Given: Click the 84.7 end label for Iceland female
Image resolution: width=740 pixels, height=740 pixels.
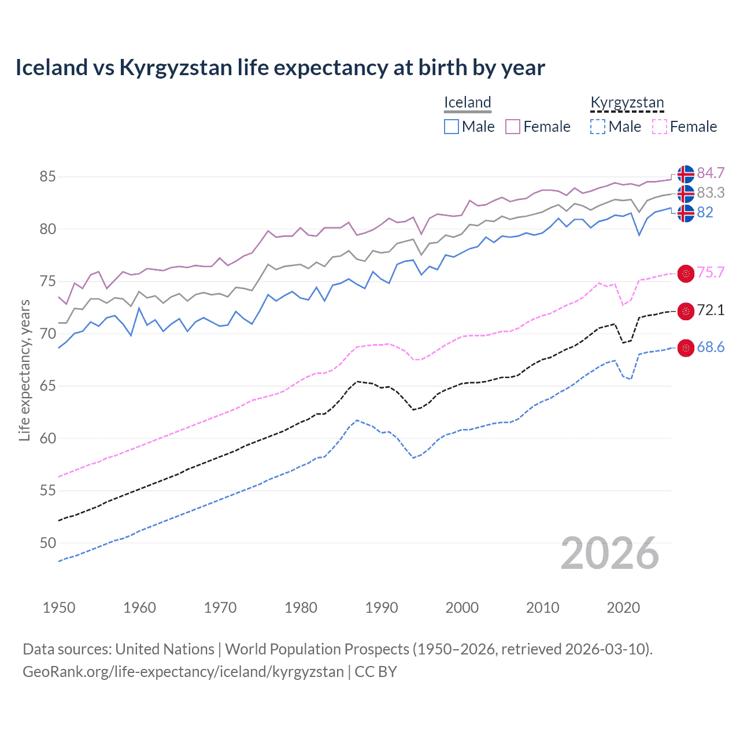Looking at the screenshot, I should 711,173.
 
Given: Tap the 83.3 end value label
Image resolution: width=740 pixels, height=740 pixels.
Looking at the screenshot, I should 711,193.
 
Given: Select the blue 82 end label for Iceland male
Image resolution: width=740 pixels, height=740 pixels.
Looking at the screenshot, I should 705,212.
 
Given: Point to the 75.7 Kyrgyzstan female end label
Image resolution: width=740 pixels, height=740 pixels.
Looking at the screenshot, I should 711,272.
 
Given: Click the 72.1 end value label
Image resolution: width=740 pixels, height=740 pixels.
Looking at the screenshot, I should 711,310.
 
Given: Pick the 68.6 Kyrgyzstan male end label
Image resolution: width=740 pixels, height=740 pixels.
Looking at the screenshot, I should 711,347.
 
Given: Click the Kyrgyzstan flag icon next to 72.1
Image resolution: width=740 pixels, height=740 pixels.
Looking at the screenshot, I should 686,311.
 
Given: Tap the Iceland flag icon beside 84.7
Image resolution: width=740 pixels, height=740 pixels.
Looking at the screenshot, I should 686,173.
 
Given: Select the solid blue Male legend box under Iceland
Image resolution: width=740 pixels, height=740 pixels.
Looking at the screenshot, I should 452,127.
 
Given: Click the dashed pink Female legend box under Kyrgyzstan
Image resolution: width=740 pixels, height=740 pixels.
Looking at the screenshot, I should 660,127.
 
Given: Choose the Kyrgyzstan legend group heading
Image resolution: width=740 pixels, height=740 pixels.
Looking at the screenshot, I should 627,103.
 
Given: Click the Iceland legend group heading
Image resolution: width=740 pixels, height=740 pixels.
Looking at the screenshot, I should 468,103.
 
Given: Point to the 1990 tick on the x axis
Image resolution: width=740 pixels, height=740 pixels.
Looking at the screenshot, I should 382,608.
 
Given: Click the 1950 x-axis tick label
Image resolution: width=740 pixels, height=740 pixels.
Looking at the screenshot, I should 59,608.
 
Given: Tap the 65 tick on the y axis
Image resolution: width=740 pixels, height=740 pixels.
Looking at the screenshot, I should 48,386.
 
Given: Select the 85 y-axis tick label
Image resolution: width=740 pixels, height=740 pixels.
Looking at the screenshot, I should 48,176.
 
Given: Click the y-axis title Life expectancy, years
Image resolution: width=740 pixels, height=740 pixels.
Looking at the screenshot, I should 24,371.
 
